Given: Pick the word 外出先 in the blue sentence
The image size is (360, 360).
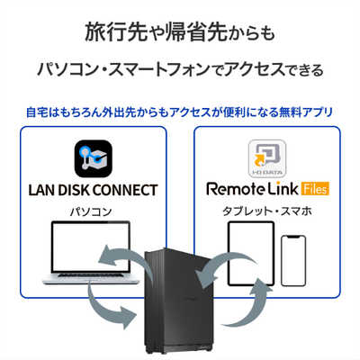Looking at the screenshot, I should click(x=125, y=112).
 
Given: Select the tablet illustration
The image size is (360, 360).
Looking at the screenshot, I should click(x=249, y=254).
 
